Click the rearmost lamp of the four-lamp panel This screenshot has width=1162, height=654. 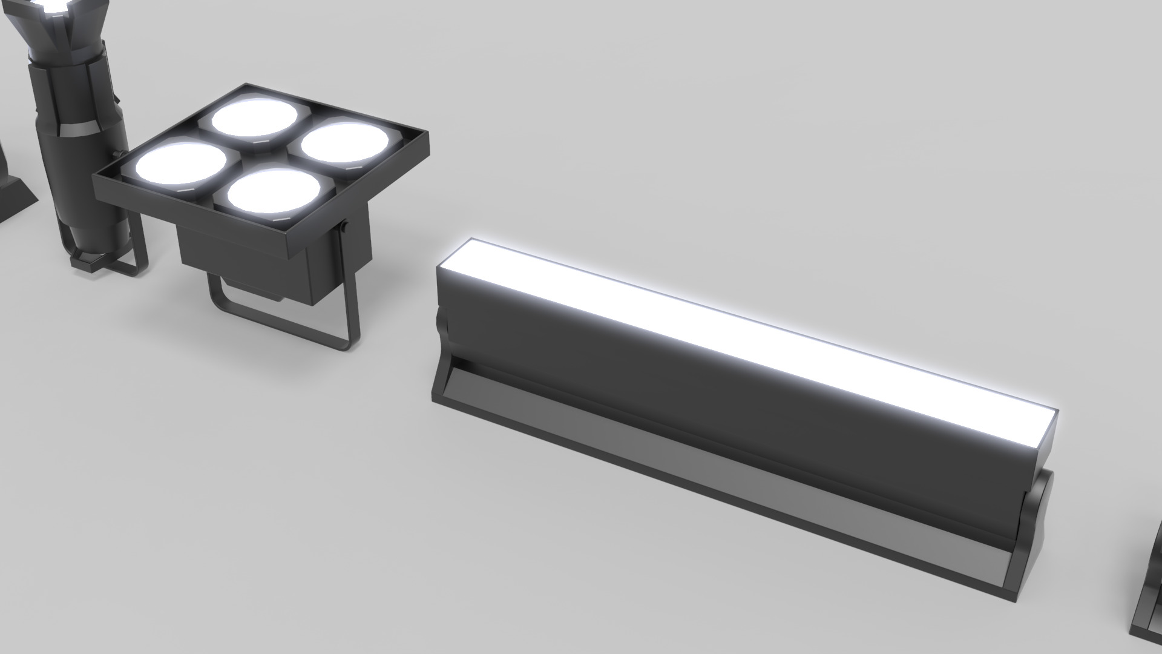[x=255, y=117]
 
